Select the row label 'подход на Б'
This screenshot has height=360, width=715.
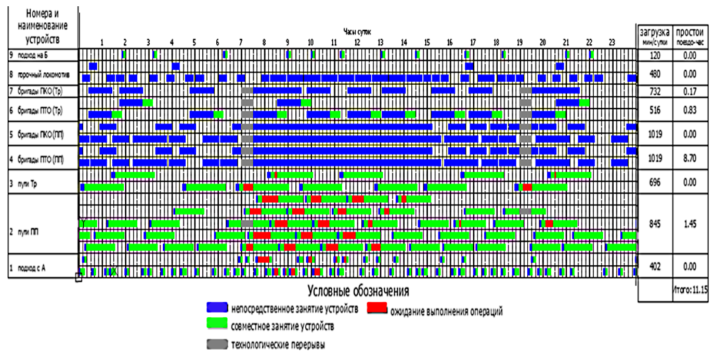[x=32, y=55]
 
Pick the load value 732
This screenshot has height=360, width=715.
[x=654, y=91]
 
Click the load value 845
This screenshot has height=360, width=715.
[x=654, y=224]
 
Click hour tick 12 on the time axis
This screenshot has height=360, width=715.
[x=357, y=42]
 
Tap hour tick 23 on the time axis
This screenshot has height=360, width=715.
[x=612, y=42]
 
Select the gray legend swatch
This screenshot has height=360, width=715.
[x=217, y=344]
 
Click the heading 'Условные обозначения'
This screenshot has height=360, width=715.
[x=358, y=290]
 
